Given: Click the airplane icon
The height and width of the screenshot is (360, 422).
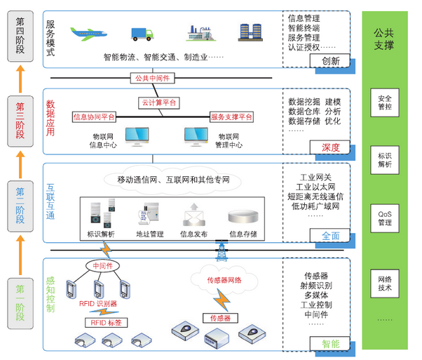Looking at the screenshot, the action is coord(88,34).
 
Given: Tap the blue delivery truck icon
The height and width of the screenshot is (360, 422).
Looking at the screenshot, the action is coord(142,34).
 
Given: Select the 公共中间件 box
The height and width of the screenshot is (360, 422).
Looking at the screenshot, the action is coord(153,78).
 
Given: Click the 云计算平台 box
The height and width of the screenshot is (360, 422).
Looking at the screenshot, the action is coord(159,102).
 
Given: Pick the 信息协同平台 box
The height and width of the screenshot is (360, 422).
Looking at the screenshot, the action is coord(94,117).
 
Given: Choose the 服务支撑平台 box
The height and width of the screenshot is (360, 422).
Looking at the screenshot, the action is coord(231,117).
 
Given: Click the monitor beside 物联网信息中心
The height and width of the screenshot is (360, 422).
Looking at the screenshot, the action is coord(137,137).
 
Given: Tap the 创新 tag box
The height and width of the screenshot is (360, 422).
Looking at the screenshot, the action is coord(329,60).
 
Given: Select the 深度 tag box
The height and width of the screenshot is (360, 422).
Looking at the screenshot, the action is coord(329,147).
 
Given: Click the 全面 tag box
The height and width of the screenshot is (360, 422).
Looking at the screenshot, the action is coord(329,236).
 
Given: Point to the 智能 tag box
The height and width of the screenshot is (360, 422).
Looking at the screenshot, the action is coord(329,344).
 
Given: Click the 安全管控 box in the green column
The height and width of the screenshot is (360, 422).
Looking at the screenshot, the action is coord(385,102).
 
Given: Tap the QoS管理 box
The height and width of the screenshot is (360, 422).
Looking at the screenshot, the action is coord(385,218).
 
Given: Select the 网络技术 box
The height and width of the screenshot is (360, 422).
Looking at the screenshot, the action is coord(385,284).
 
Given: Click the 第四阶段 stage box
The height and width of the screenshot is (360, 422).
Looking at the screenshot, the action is coord(20,36).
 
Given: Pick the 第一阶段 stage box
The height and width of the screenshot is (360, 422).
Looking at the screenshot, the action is coord(20,304).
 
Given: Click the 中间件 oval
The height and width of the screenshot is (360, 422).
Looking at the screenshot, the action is coord(102,266).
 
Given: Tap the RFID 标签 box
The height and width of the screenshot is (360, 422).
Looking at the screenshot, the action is coord(107,323).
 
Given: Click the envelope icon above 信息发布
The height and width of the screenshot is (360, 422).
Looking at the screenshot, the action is coord(193,215).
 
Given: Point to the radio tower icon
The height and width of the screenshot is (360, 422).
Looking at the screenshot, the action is coord(222,251).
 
